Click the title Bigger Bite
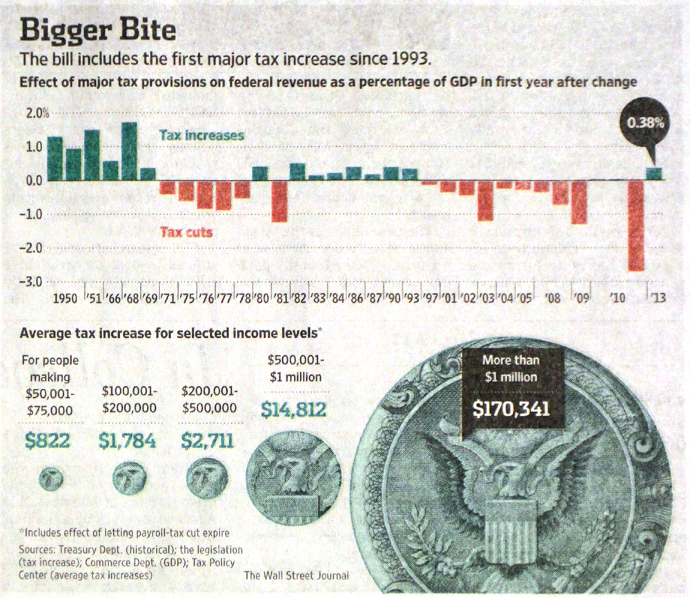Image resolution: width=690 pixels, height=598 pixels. pos(97,30)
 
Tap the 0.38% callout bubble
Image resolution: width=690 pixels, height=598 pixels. pos(645,124)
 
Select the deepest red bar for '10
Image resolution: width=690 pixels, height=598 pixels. pos(635,225)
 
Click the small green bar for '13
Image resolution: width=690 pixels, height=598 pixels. pos(654,174)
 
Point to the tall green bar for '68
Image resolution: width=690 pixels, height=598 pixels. pos(129,151)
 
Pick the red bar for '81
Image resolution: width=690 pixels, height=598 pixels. pos(279,201)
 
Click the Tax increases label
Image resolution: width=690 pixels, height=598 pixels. pos(201,135)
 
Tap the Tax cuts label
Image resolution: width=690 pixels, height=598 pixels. pos(186,232)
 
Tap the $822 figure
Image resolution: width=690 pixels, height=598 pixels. pos(47,440)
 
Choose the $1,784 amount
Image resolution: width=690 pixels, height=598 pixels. pos(128,440)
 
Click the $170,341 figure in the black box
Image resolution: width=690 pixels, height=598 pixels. pos(511,408)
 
